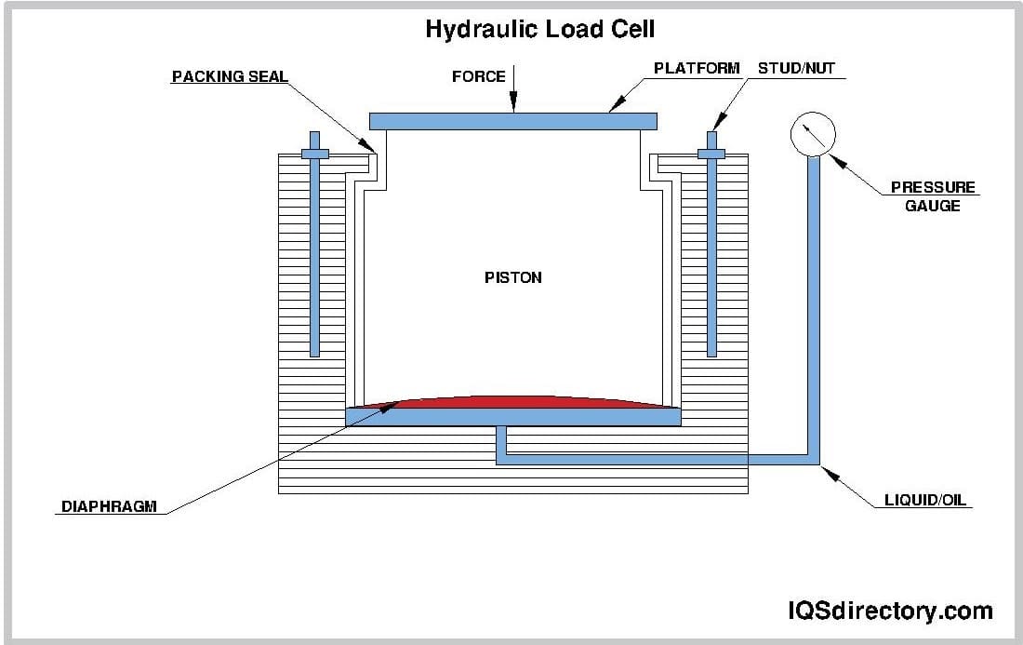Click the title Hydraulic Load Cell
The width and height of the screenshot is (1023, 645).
[x=539, y=29]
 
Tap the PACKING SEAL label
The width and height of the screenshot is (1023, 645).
[x=229, y=76]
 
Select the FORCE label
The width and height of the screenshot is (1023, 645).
[x=478, y=76]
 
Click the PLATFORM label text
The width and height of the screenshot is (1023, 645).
[x=697, y=68]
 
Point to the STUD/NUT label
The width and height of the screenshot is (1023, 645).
[x=795, y=68]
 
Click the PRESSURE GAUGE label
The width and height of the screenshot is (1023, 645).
[x=933, y=195]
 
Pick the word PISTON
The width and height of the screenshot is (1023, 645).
[x=512, y=277]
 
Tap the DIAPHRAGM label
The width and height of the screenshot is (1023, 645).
[x=109, y=507]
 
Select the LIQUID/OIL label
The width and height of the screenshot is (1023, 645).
[x=924, y=501]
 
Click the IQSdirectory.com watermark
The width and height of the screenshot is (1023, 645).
[x=889, y=611]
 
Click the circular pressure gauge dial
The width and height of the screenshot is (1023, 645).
[x=813, y=135]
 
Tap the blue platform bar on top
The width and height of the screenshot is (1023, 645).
[x=512, y=121]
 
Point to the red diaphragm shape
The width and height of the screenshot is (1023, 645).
[x=512, y=402]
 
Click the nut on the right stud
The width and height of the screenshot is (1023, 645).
[x=712, y=154]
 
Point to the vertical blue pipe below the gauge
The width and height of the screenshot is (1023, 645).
[x=813, y=307]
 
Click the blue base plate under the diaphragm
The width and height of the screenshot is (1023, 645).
[x=512, y=417]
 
